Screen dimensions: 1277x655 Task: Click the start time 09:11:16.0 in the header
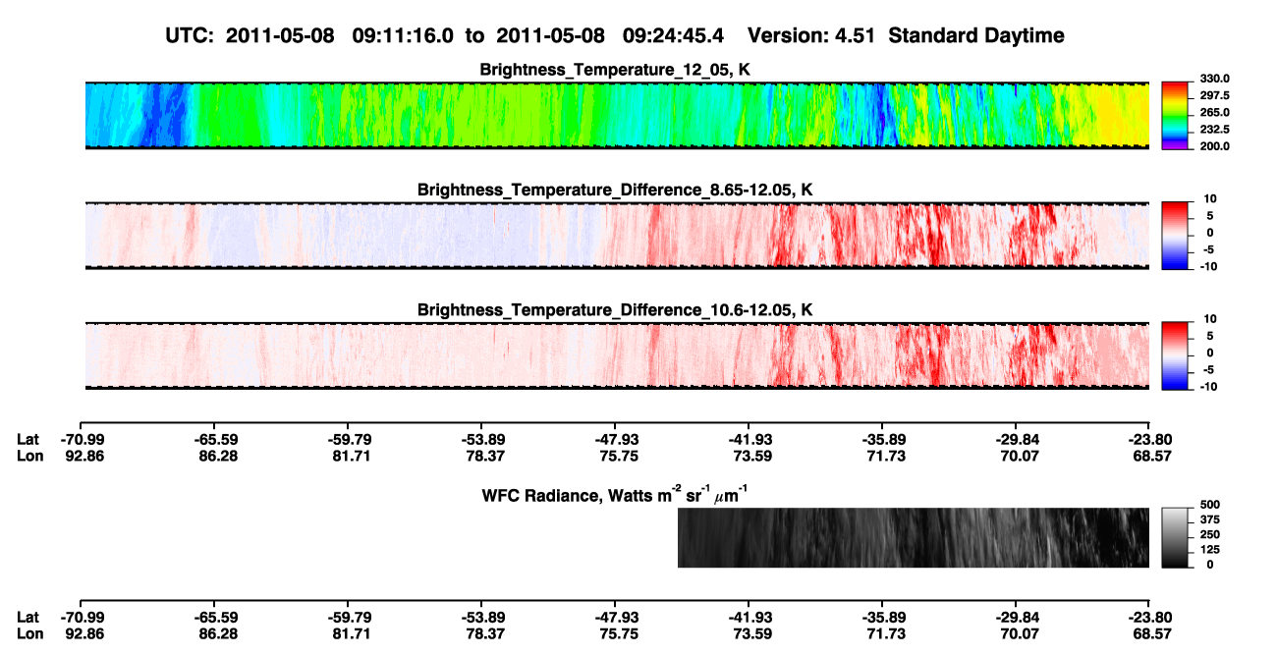point(403,36)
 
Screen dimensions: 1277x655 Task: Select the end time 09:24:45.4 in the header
point(673,36)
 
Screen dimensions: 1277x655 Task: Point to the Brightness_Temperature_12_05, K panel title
point(615,70)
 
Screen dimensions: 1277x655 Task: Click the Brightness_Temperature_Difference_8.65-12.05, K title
point(615,190)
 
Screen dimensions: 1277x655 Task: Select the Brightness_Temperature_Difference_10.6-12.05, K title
point(615,310)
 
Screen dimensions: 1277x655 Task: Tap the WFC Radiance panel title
point(615,495)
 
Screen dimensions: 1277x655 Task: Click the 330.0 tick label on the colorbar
point(1214,79)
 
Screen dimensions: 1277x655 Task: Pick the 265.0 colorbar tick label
point(1214,112)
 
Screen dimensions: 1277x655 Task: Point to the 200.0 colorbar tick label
point(1214,146)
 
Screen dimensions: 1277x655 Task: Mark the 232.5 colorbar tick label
point(1214,130)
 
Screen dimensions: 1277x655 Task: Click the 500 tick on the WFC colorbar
point(1210,505)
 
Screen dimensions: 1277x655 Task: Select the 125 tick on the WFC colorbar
point(1210,550)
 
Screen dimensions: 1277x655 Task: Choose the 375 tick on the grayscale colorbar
point(1210,519)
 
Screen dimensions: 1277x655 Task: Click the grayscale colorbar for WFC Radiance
point(1175,537)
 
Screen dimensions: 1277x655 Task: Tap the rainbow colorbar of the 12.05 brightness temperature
point(1175,116)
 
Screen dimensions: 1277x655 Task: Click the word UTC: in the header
point(190,36)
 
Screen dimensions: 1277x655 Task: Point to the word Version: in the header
point(783,36)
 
